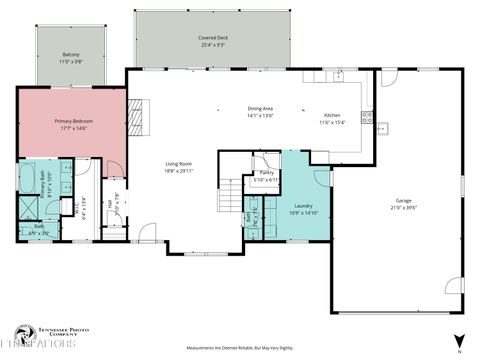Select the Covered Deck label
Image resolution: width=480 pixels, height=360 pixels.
(x=211, y=38)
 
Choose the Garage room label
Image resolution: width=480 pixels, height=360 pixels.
(x=403, y=200)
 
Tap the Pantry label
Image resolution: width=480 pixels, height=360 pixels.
(x=266, y=173)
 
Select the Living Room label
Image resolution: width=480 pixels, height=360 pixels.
(x=178, y=164)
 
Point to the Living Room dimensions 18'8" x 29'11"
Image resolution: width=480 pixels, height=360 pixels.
(x=178, y=171)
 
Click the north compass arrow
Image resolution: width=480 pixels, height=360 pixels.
(x=458, y=341)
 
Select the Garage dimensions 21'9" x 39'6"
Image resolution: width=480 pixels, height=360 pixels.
(x=403, y=207)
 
